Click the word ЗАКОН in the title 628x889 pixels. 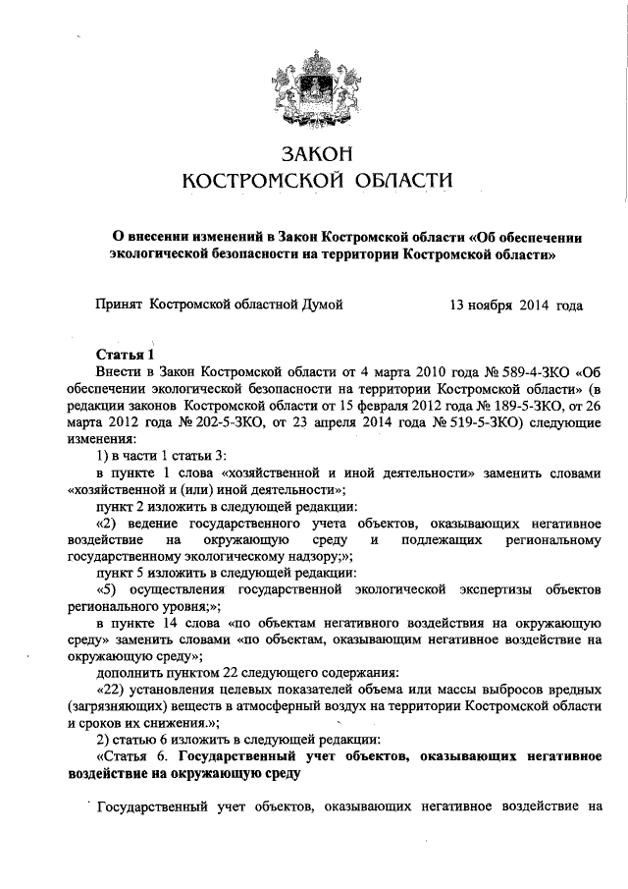315,155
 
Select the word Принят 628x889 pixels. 119,306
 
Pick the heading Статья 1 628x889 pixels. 126,355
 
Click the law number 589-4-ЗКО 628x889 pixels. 531,372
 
